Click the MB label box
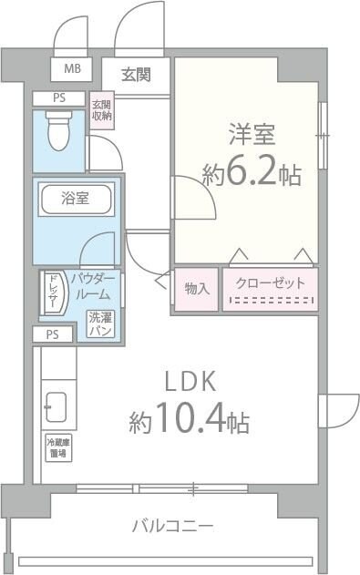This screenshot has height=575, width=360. point(70,68)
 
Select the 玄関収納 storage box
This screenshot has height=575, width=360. point(101,110)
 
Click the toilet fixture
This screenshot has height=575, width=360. point(58,129)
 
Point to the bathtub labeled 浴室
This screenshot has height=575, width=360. point(76,200)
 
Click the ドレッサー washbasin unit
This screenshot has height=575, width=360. point(52,293)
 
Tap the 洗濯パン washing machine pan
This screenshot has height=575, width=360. point(100,323)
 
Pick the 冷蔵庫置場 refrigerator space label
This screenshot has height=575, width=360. point(59,448)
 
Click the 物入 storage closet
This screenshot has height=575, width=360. point(196,289)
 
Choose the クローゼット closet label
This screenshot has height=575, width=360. point(271,283)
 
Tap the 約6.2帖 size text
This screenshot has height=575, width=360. point(252,174)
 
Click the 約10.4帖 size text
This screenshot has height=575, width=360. point(189,421)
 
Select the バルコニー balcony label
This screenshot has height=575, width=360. point(172,526)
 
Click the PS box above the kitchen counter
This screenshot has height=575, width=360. point(53,334)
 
